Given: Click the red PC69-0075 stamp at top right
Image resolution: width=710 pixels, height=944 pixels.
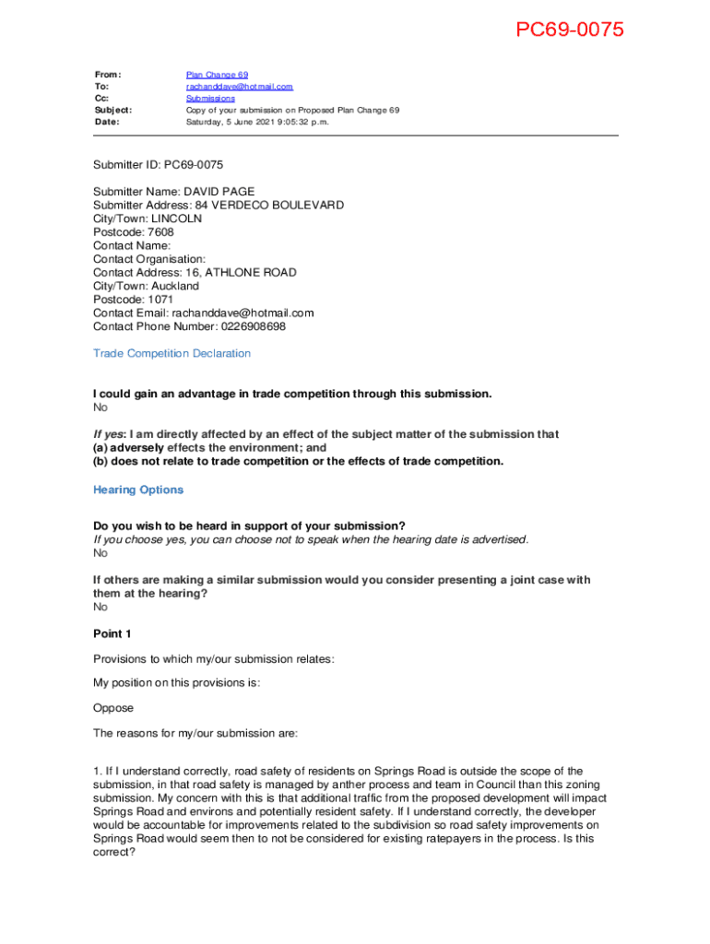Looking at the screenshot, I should click(569, 30).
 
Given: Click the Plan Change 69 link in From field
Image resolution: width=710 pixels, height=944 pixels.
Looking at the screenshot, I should click(217, 75).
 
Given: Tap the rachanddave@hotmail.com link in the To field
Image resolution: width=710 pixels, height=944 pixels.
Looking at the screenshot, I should click(239, 87).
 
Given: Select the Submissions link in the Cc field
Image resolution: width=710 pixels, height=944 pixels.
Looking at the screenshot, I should click(210, 99).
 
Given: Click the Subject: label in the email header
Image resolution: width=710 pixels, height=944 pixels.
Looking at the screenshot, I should click(113, 110).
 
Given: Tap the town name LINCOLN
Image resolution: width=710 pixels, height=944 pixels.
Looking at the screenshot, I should click(176, 219).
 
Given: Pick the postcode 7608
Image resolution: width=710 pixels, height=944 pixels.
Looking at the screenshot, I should click(160, 232).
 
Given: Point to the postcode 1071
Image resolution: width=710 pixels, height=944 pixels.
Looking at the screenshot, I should click(160, 300).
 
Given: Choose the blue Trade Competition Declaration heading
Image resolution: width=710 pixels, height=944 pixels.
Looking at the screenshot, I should click(172, 354).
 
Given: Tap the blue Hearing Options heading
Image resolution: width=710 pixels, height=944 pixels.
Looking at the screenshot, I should click(138, 490).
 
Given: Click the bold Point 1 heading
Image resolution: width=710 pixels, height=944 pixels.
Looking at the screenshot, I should click(112, 634).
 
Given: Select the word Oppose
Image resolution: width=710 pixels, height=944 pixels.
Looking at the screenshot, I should click(113, 709).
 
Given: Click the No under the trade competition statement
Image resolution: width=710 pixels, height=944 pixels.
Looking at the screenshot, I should click(101, 407).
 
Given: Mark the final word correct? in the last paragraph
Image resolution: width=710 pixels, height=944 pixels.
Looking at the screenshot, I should click(114, 853).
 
